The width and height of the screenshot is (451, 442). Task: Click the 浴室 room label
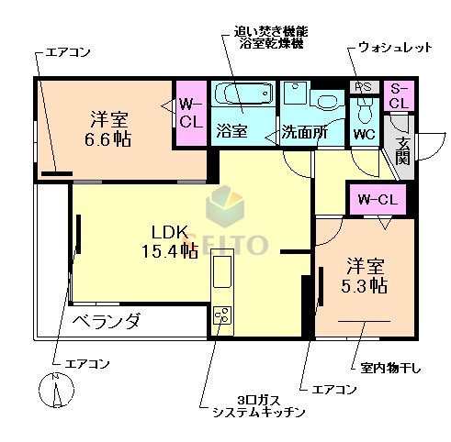point(231,130)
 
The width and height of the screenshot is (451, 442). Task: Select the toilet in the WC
point(364,110)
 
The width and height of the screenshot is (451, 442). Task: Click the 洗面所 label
point(305,131)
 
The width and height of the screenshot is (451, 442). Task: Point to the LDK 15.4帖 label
point(168,240)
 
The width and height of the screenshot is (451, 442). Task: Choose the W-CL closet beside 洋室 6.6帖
point(191,112)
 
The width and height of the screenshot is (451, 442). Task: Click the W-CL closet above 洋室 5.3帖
point(376,197)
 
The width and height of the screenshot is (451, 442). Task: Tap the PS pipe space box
point(363,87)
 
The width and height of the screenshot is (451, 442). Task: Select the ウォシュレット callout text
point(395,47)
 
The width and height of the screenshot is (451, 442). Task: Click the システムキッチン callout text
point(257,414)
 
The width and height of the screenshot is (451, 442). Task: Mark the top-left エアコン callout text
point(67,51)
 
